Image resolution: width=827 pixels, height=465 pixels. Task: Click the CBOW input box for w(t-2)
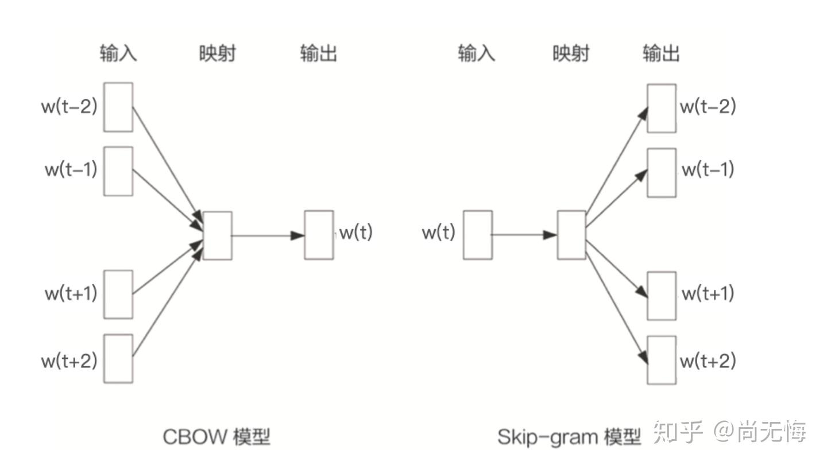pyautogui.click(x=118, y=107)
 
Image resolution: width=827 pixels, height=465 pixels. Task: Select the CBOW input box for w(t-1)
pyautogui.click(x=118, y=171)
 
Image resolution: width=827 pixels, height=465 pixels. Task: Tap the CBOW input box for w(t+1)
pyautogui.click(x=118, y=294)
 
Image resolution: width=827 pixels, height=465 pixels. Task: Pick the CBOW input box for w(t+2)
pyautogui.click(x=118, y=359)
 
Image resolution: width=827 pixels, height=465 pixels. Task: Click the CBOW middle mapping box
pyautogui.click(x=218, y=235)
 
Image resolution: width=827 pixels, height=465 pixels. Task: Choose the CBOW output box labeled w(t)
pyautogui.click(x=319, y=235)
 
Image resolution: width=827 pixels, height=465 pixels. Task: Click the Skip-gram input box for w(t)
pyautogui.click(x=478, y=235)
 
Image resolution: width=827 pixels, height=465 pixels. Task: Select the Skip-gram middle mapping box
pyautogui.click(x=571, y=235)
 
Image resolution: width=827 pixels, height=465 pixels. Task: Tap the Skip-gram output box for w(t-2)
pyautogui.click(x=662, y=108)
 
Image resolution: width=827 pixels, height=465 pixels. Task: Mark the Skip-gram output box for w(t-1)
pyautogui.click(x=662, y=173)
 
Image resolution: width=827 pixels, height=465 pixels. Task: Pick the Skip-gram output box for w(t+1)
pyautogui.click(x=662, y=296)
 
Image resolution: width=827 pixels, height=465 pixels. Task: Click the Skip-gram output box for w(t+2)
pyautogui.click(x=662, y=360)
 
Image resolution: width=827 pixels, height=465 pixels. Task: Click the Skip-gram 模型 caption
pyautogui.click(x=569, y=437)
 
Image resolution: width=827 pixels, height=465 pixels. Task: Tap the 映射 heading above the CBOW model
pyautogui.click(x=218, y=54)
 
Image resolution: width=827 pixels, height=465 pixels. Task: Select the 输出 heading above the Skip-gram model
pyautogui.click(x=662, y=54)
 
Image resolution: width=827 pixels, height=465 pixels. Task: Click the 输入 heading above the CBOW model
pyautogui.click(x=118, y=54)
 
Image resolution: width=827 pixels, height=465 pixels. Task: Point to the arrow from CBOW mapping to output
pyautogui.click(x=268, y=235)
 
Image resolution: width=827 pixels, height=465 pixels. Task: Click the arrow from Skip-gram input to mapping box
pyautogui.click(x=524, y=235)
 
